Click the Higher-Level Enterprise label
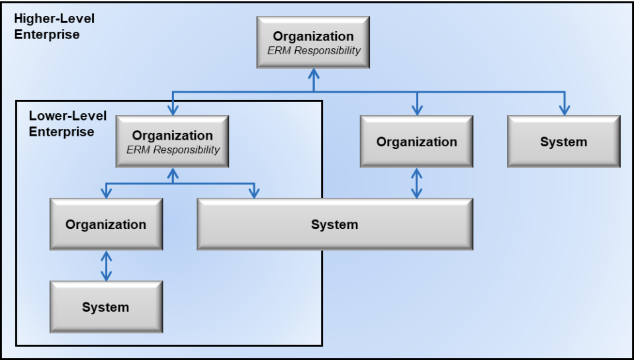coord(54,26)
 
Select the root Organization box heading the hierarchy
coord(313,42)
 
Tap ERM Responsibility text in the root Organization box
coord(313,50)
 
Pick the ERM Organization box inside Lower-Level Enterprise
coord(173,141)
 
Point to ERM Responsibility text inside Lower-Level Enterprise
coord(173,150)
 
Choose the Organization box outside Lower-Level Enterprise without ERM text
coord(416,142)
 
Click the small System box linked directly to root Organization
coord(563,142)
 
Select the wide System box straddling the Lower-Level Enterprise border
coord(334,224)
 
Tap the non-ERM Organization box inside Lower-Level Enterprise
coord(106,224)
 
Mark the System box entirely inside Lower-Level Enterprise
coord(106,307)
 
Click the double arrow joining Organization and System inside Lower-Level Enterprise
coord(106,265)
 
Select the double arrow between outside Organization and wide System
coord(416,183)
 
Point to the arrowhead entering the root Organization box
coord(313,73)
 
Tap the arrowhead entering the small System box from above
coord(564,110)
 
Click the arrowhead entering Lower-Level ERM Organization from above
coord(173,110)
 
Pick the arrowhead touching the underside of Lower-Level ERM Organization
coord(173,173)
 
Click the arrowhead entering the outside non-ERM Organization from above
coord(416,110)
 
